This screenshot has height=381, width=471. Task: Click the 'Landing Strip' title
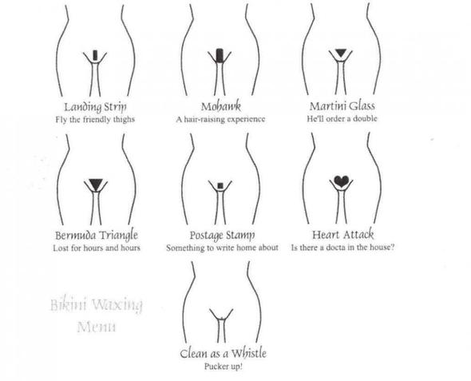point(96,107)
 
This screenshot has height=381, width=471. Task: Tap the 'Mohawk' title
point(221,106)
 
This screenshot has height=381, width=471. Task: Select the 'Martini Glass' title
point(342,105)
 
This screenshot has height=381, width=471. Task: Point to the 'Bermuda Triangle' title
point(97,236)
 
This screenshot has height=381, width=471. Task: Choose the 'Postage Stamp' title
point(222,236)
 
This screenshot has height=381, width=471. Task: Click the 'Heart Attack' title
point(342,234)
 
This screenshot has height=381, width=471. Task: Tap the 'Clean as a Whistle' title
point(224,353)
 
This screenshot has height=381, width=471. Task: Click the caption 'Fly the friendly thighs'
point(95,120)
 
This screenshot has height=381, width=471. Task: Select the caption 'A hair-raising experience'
point(220,119)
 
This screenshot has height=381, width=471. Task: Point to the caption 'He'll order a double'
point(342,118)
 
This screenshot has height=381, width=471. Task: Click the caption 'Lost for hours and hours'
point(97,248)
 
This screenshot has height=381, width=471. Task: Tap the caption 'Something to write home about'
point(222,248)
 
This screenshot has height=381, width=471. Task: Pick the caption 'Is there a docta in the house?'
point(342,248)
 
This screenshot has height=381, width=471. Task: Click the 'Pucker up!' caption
point(224,367)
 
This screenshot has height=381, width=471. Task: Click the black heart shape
point(342,181)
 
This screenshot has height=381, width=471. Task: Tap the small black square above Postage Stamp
point(220,185)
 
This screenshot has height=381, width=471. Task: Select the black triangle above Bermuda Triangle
point(96,183)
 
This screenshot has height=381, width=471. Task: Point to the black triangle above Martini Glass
point(341,52)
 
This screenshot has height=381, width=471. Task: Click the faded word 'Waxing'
point(117,305)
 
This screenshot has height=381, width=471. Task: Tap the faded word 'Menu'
point(96,327)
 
